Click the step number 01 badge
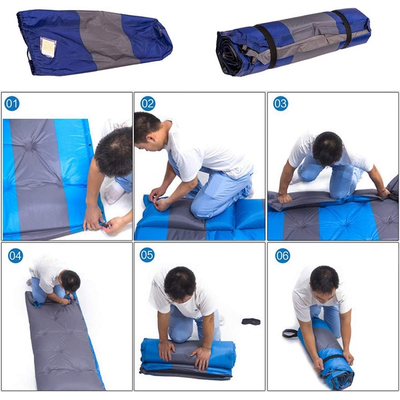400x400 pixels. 12,104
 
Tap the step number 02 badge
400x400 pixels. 148,104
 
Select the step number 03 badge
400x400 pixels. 281,104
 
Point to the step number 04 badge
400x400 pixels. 15,256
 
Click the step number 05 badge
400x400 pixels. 147,255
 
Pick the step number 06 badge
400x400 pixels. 283,256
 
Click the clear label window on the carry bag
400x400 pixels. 48,47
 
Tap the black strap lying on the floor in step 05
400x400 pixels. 251,321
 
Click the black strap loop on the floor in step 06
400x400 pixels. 290,333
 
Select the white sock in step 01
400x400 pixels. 113,193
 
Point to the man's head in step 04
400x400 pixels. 70,281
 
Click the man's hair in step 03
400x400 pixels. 328,148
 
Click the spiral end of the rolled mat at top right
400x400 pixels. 228,53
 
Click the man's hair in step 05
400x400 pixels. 180,283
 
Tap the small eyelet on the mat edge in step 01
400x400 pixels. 90,145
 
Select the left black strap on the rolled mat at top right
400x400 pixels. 269,46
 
